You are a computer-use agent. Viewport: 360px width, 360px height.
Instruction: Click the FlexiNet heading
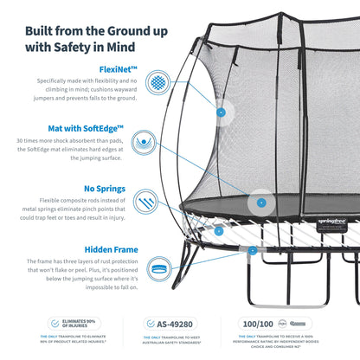[x=115, y=66]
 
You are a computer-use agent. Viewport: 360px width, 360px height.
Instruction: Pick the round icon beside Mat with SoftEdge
[x=157, y=140]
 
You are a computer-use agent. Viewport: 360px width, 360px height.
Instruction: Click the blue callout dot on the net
[x=222, y=112]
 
